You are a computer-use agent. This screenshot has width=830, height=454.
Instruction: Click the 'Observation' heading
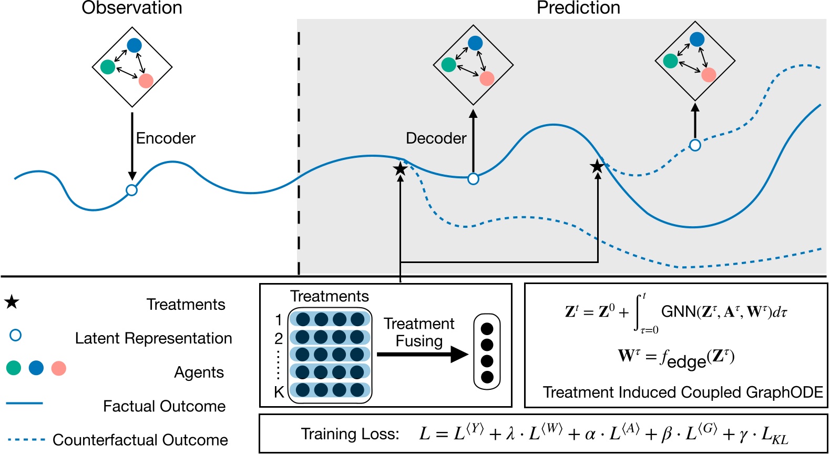(x=132, y=8)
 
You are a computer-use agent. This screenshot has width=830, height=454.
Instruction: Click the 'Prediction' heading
(x=578, y=8)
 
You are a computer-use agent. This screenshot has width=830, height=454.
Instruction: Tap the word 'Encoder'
(x=166, y=138)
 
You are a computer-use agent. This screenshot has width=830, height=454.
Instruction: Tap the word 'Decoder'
(x=436, y=138)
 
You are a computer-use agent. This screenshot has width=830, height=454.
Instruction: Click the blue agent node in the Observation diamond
(x=135, y=46)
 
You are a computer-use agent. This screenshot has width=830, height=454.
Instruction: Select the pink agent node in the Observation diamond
(x=146, y=80)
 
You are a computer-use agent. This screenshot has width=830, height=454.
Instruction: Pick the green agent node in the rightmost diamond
(x=670, y=61)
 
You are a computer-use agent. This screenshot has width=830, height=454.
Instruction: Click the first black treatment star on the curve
(x=401, y=169)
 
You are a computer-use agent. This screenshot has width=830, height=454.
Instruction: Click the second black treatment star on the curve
(x=597, y=167)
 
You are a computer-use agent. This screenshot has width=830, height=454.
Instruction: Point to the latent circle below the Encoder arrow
(x=132, y=190)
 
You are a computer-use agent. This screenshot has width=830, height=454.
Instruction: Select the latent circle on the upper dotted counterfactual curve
(x=695, y=145)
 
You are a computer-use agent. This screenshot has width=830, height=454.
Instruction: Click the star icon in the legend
(x=12, y=302)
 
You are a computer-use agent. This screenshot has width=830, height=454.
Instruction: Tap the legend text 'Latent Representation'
(x=153, y=338)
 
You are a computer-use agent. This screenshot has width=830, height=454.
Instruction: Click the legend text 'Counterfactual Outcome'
(x=140, y=440)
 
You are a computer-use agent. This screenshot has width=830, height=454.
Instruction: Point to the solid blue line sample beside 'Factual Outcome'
(x=24, y=403)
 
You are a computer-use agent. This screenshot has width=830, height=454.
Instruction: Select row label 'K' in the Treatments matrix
(x=279, y=392)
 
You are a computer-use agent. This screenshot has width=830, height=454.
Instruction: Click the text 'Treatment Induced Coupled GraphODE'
(x=683, y=392)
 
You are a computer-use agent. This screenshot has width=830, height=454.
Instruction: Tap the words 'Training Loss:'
(x=350, y=434)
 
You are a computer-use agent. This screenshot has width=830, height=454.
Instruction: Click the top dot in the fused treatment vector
(x=487, y=329)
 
